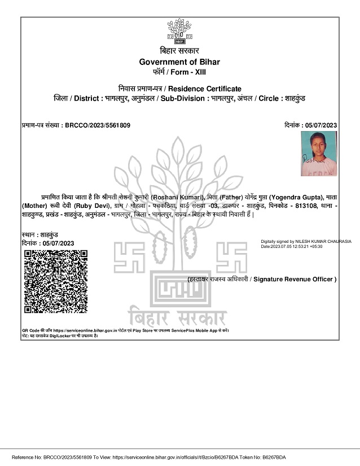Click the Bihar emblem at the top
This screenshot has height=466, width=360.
point(179,32)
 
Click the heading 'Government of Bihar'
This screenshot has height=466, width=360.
point(179,62)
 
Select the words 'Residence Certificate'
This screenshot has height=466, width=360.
point(205,89)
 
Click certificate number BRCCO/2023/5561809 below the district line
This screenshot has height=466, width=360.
point(98,125)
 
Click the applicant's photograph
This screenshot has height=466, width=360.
point(319,154)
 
